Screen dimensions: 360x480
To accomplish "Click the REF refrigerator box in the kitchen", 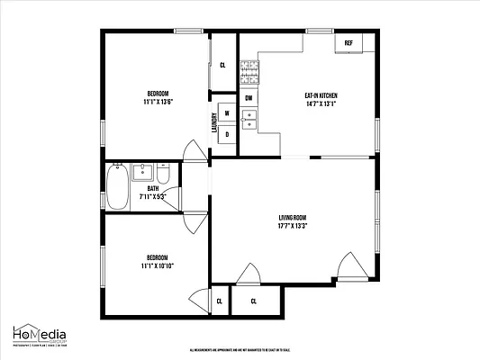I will (x=348, y=42).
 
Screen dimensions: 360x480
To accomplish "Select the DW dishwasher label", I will (x=248, y=97).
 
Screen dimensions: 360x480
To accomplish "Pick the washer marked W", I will (x=227, y=113).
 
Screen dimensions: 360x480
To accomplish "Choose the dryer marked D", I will (x=227, y=134).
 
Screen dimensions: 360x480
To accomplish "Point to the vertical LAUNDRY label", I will (x=214, y=123).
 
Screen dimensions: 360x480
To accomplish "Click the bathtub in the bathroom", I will (x=117, y=186).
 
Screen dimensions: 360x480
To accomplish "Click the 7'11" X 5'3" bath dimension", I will (x=152, y=196).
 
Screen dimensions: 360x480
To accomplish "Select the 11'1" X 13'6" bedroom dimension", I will (x=158, y=101).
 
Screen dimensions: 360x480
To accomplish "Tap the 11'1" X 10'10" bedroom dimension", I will (x=158, y=265).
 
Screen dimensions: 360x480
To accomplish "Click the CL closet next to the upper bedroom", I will (x=222, y=65).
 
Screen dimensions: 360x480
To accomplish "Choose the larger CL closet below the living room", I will (x=254, y=301).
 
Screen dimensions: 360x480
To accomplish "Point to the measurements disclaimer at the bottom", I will (x=239, y=350).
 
